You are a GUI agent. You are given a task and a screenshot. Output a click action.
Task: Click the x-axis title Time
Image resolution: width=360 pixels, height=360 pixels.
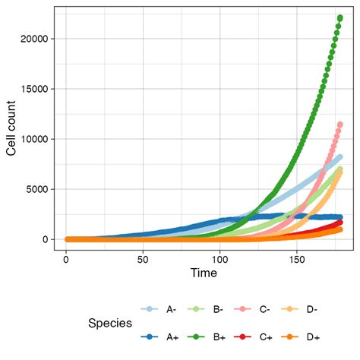click(x=204, y=272)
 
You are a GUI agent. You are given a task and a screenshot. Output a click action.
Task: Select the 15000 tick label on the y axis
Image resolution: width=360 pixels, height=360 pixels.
click(x=39, y=89)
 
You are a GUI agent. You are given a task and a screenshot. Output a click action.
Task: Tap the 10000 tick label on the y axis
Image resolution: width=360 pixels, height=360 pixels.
click(x=39, y=139)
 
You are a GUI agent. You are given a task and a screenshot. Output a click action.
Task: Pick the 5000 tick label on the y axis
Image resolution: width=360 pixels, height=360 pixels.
click(x=42, y=189)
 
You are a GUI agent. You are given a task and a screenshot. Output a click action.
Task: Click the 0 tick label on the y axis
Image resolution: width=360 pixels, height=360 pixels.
click(x=49, y=239)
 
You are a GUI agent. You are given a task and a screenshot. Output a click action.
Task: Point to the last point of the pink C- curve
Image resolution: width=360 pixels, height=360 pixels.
click(x=340, y=125)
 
